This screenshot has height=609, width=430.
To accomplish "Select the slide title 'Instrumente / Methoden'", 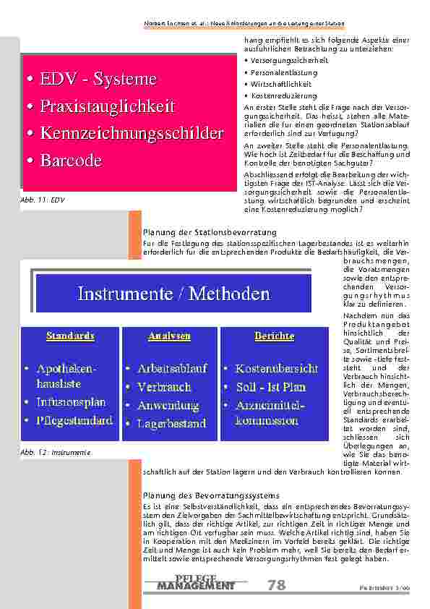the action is (173, 294).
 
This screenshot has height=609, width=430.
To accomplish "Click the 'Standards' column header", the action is (70, 336).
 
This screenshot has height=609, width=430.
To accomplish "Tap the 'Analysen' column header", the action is (170, 336).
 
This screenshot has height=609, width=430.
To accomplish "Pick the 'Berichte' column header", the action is (274, 336).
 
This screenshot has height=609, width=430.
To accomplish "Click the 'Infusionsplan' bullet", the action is (71, 401).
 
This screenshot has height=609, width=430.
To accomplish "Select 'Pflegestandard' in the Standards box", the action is (74, 420).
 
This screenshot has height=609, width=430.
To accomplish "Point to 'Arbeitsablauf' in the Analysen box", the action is (172, 368).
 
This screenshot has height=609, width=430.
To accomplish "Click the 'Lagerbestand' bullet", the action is (172, 424).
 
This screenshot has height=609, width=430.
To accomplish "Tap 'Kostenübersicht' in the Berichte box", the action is (276, 368).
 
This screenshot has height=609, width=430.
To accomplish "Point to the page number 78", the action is (276, 585).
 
